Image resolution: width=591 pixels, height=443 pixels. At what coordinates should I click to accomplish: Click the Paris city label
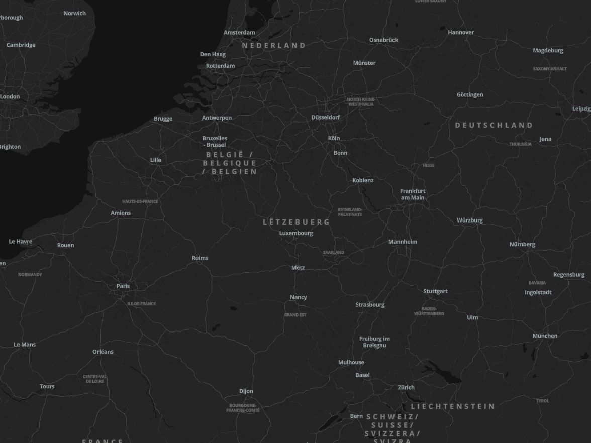tap(123, 286)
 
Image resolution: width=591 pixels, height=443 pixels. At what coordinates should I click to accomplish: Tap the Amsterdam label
tap(239, 33)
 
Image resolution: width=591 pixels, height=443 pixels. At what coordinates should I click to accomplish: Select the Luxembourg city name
tap(296, 233)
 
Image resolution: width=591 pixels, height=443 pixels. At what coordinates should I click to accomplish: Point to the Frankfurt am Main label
tap(413, 194)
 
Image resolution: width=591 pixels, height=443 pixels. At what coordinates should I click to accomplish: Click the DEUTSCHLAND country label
tap(494, 125)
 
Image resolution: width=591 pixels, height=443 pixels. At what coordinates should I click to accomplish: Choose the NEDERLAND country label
tap(274, 46)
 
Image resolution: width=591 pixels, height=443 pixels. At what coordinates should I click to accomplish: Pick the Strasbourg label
tap(370, 305)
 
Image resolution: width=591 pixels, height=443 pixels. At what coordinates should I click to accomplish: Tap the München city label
tap(545, 336)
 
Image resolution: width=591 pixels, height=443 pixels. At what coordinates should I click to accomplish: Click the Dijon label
tap(246, 391)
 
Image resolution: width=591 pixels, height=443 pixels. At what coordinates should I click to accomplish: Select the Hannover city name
tap(461, 33)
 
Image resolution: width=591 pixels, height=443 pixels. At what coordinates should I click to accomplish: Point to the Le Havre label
tap(21, 242)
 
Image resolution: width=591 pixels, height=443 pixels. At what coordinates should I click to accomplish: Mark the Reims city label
tap(200, 258)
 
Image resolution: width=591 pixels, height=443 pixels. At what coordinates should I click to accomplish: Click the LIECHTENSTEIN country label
tap(453, 406)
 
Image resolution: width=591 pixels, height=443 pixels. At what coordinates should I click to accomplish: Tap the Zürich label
tap(406, 388)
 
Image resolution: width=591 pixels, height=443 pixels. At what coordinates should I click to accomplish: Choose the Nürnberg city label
tap(522, 245)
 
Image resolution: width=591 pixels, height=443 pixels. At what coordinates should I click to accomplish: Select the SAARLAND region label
tap(334, 252)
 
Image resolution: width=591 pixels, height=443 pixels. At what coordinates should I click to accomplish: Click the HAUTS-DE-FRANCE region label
tap(140, 202)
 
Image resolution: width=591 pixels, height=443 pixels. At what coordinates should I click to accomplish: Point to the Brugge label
tap(163, 119)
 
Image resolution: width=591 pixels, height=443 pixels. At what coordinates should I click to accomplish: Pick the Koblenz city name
tap(363, 180)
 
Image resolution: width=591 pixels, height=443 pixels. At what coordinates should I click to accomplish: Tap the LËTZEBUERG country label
tap(297, 222)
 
